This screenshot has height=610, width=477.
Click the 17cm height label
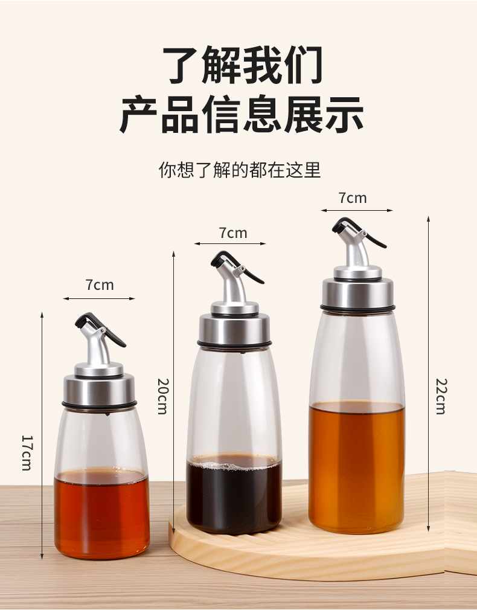pyautogui.click(x=27, y=453)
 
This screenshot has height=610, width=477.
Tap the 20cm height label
pyautogui.click(x=162, y=396)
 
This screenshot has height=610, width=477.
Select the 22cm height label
pyautogui.click(x=441, y=396)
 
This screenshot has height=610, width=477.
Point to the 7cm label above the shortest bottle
pyautogui.click(x=100, y=285)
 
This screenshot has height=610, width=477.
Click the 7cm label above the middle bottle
pyautogui.click(x=233, y=233)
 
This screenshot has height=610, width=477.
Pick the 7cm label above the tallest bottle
pyautogui.click(x=353, y=198)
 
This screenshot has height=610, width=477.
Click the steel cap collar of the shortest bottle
pyautogui.click(x=99, y=389)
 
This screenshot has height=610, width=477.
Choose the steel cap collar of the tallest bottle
pyautogui.click(x=357, y=292)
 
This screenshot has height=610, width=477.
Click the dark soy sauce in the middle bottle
pyautogui.click(x=234, y=493)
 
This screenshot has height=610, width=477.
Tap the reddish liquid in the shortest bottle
pyautogui.click(x=101, y=513)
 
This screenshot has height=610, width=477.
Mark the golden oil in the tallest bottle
pyautogui.click(x=357, y=467)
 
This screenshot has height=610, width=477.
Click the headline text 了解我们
pyautogui.click(x=242, y=65)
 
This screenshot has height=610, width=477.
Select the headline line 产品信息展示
pyautogui.click(x=242, y=114)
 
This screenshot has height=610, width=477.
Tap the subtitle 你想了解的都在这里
pyautogui.click(x=240, y=170)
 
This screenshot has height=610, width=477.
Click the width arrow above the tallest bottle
pyautogui.click(x=357, y=210)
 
